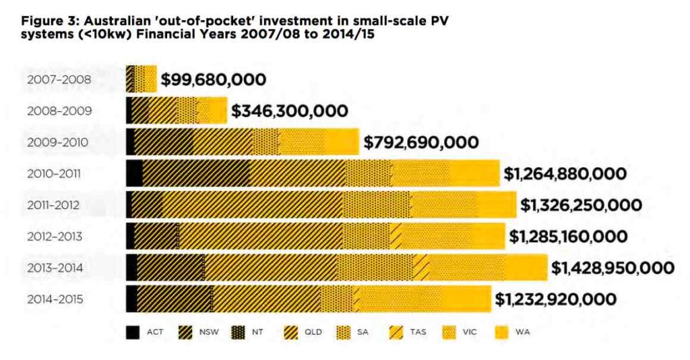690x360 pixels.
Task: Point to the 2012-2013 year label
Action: point(55,237)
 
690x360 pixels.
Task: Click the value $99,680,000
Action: point(213,80)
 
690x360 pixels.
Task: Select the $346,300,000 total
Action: point(290,111)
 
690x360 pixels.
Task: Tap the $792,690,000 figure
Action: point(421,143)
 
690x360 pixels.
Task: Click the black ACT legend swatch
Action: point(133,332)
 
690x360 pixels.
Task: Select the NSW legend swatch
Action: point(185,332)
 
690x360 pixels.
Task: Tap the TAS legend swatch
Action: point(396,332)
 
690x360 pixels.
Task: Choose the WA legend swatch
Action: point(502,332)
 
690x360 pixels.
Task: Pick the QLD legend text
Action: point(314,332)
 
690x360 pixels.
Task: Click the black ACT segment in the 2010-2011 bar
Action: point(135,174)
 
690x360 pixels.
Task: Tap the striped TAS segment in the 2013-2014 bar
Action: point(421,268)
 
